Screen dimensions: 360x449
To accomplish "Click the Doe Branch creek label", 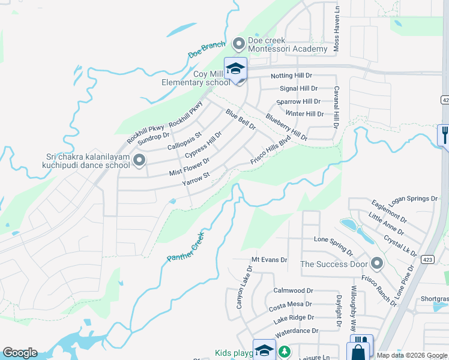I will coord(206,49).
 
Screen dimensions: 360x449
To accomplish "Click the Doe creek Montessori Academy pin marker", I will coord(239,43).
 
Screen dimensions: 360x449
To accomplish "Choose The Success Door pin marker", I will coord(377,263).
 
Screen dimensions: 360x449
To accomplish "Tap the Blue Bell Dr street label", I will coord(241,119).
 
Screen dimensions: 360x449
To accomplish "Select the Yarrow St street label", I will coord(196,179).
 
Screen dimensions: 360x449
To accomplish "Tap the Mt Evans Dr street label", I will coord(269,260).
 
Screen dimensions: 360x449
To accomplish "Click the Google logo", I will coord(20,353).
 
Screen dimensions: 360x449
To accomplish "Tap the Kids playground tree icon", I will coord(286,352).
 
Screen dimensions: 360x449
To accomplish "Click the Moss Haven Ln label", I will coord(337,35).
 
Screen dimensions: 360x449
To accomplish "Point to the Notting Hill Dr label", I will coord(292,76).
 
